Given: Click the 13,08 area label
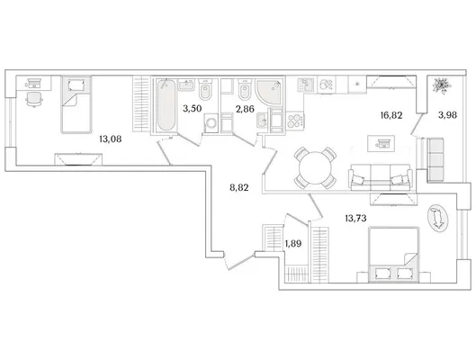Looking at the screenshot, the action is click(110, 139).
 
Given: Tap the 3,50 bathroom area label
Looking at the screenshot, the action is click(193, 108).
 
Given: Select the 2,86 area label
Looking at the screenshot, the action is click(245, 109).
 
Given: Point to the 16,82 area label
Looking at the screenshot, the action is click(391, 115).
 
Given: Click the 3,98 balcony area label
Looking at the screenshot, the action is click(448, 115).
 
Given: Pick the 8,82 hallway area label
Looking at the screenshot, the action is click(239, 188).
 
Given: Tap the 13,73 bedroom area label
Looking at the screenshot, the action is click(355, 218).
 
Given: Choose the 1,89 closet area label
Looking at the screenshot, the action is click(293, 243).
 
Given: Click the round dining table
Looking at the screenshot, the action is click(315, 167).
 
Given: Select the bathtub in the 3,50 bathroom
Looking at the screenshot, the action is click(166, 104).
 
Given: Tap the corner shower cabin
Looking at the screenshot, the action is click(269, 92).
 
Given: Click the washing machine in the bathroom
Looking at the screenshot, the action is click(211, 123).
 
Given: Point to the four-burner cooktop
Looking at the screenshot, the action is click(295, 121).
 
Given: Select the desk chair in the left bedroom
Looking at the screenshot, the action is click(34, 99).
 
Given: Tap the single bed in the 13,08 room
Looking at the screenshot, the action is click(76, 104).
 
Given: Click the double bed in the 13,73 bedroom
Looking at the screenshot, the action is click(393, 255).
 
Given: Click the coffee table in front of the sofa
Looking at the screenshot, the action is click(381, 143).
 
